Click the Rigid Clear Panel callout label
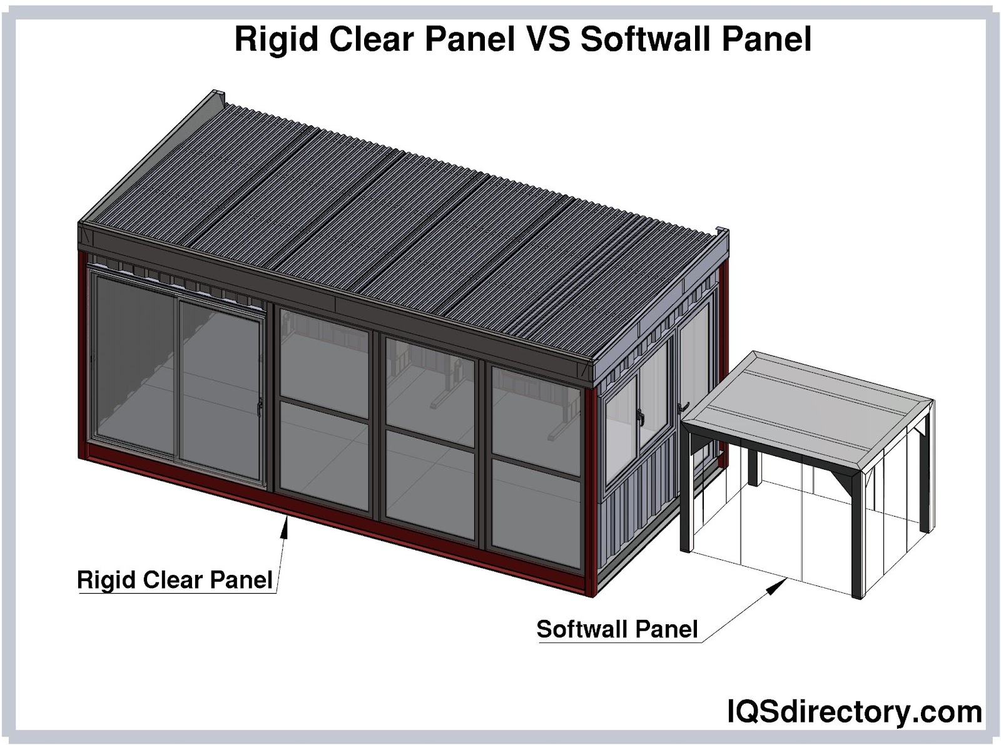pos(175,580)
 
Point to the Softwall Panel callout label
pos(617,629)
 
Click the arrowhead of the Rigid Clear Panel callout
pos(284,528)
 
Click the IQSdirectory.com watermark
pos(855,712)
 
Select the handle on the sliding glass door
pos(260,407)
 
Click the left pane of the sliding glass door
pos(135,363)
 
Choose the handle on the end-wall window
pos(639,416)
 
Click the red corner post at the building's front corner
pos(591,492)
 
